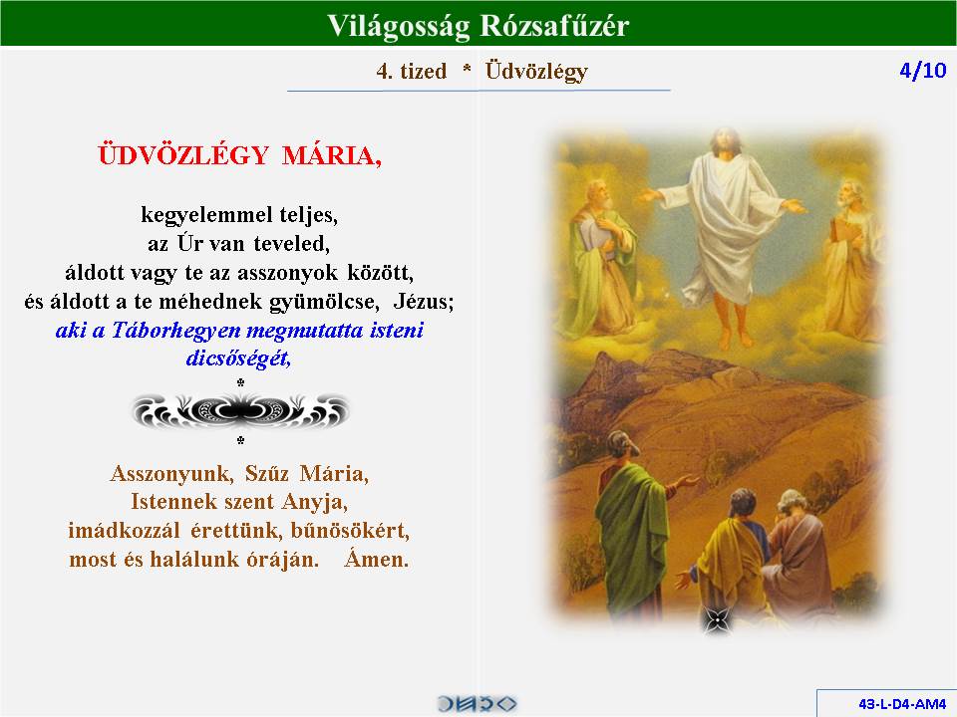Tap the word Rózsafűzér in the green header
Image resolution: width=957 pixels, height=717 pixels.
(554, 25)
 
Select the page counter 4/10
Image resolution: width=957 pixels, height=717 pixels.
(923, 70)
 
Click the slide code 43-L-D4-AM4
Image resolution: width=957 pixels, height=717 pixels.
(902, 704)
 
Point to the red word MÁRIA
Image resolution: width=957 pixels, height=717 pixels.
(332, 155)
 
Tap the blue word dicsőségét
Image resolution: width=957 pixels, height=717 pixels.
(238, 358)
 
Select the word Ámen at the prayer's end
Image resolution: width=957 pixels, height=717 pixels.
(377, 558)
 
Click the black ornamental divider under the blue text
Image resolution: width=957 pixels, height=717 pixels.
(240, 410)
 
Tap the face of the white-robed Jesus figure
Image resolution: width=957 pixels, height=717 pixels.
(725, 142)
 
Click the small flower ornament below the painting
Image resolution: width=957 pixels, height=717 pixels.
(717, 621)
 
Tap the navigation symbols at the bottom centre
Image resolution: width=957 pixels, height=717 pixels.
(477, 704)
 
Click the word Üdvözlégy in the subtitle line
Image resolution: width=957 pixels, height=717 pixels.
(536, 72)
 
